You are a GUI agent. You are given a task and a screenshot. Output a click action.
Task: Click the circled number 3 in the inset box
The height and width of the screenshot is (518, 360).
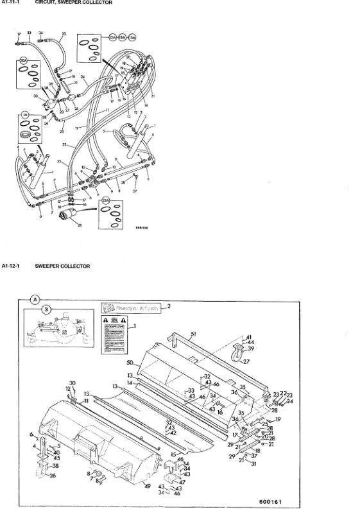(46, 309)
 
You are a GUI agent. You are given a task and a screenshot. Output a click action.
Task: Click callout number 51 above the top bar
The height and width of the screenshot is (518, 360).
(194, 333)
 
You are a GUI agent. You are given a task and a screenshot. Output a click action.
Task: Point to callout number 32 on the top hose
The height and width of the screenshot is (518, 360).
(64, 33)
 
